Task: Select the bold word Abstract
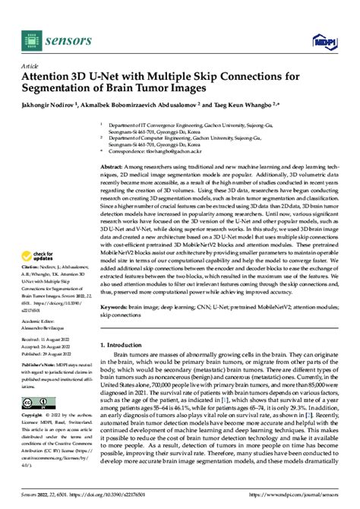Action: (112, 165)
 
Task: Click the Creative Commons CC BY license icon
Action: (33, 403)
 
